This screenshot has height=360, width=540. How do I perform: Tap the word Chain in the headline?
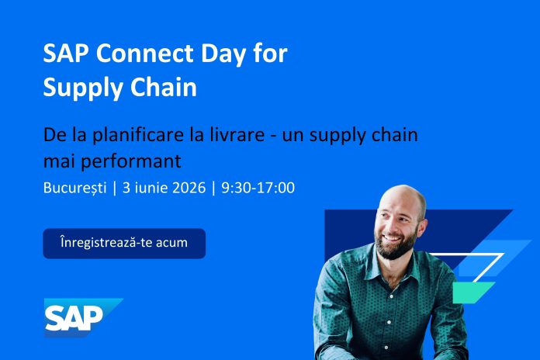(163, 87)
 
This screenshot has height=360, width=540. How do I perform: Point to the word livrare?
(237, 134)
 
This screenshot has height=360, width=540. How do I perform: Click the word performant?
(131, 161)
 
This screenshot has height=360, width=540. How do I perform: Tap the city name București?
(75, 188)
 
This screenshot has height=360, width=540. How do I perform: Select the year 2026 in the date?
(189, 188)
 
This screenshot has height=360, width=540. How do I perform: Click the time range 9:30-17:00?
(258, 188)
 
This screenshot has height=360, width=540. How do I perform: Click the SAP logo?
(83, 317)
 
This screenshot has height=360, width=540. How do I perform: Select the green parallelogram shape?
(473, 292)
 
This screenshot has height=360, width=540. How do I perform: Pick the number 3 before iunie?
(126, 188)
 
